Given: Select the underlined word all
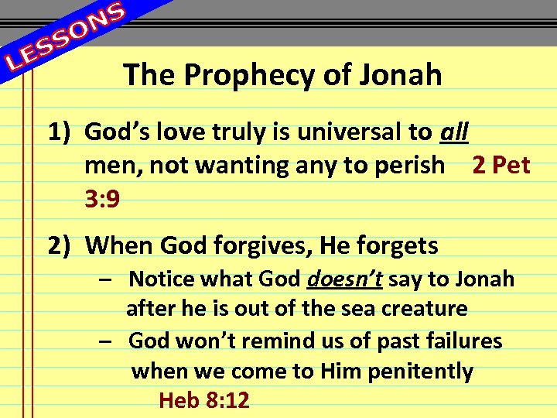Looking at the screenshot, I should (453, 133).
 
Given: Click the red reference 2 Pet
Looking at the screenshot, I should (501, 165).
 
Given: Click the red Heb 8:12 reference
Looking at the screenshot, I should (203, 400).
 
